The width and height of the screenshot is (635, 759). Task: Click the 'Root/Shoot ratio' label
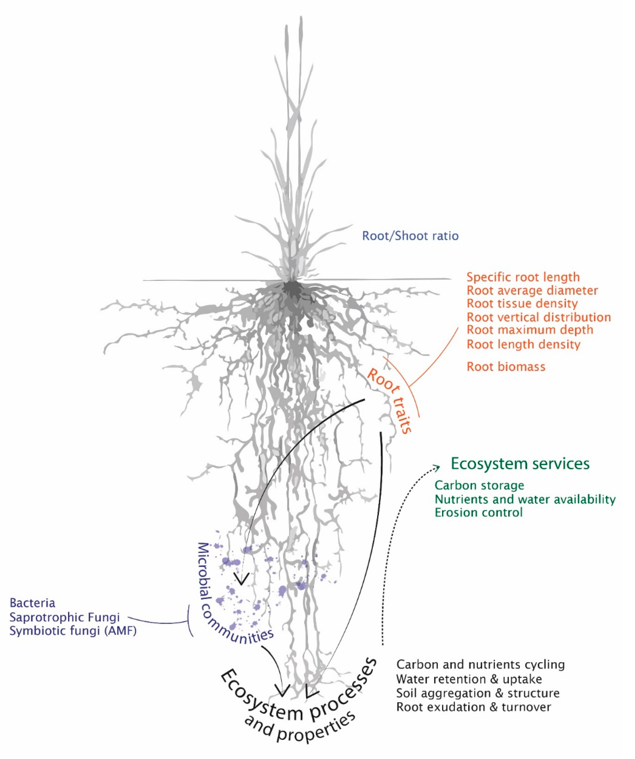click(410, 236)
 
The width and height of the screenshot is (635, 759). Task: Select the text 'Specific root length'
click(523, 277)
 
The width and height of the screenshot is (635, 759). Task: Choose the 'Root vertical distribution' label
click(538, 317)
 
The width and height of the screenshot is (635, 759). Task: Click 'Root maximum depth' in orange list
click(530, 330)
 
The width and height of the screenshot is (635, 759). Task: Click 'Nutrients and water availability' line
click(525, 499)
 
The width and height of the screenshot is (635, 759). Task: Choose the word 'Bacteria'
click(32, 603)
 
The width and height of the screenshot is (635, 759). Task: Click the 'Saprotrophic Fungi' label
click(64, 617)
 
